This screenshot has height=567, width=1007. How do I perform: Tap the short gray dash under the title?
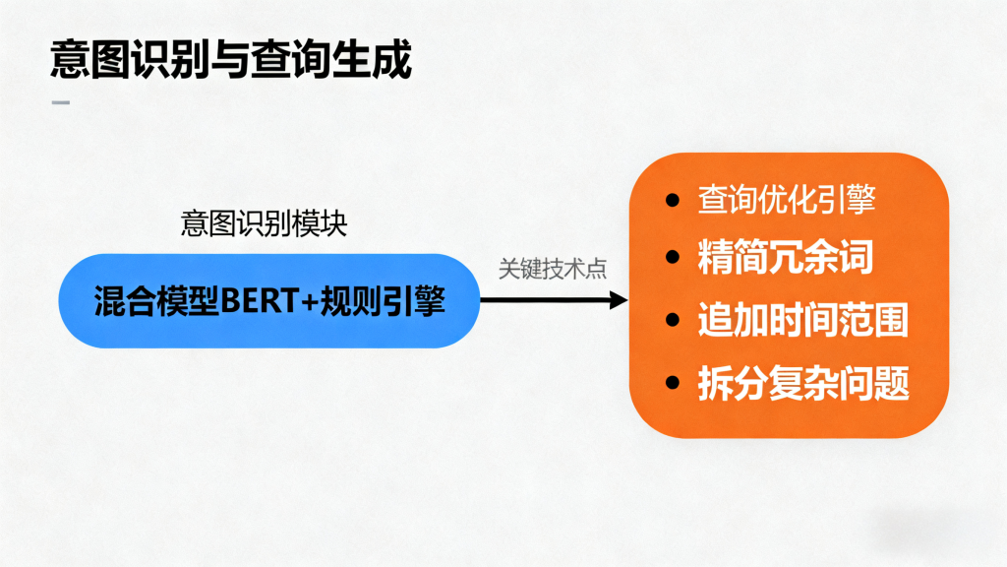[60, 102]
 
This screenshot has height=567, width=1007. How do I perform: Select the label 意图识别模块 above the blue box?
[264, 223]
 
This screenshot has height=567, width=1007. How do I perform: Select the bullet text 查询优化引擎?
[787, 200]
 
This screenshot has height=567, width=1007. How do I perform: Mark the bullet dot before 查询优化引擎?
[673, 201]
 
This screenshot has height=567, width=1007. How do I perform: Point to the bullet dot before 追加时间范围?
[673, 321]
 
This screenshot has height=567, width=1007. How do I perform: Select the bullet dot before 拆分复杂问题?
[673, 383]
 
